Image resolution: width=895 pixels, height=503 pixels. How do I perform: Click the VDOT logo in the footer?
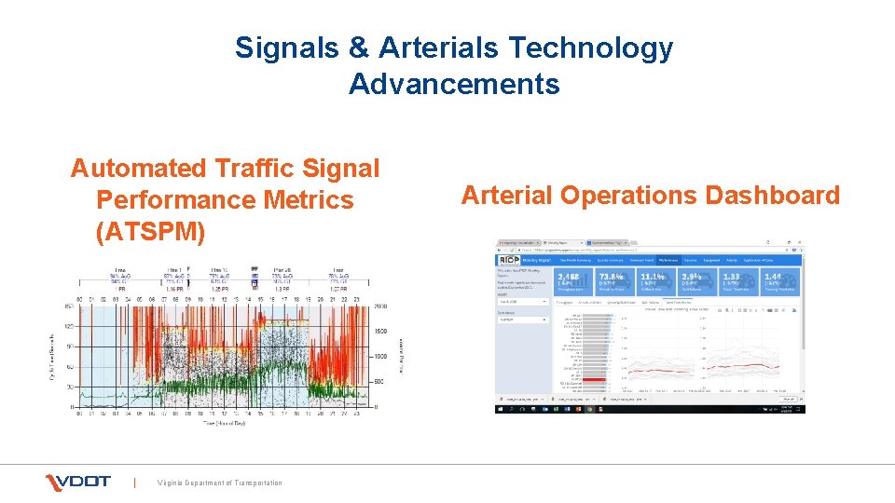78,482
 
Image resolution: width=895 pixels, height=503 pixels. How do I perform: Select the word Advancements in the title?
454,84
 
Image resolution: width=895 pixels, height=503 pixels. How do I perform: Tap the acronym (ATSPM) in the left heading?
150,231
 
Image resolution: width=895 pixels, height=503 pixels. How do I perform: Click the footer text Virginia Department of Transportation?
220,483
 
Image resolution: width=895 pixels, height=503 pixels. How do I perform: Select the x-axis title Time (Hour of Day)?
231,424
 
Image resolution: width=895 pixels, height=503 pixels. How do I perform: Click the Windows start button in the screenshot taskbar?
501,408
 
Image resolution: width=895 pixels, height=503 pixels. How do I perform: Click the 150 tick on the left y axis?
69,306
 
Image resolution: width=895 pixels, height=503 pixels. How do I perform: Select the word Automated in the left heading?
139,169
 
